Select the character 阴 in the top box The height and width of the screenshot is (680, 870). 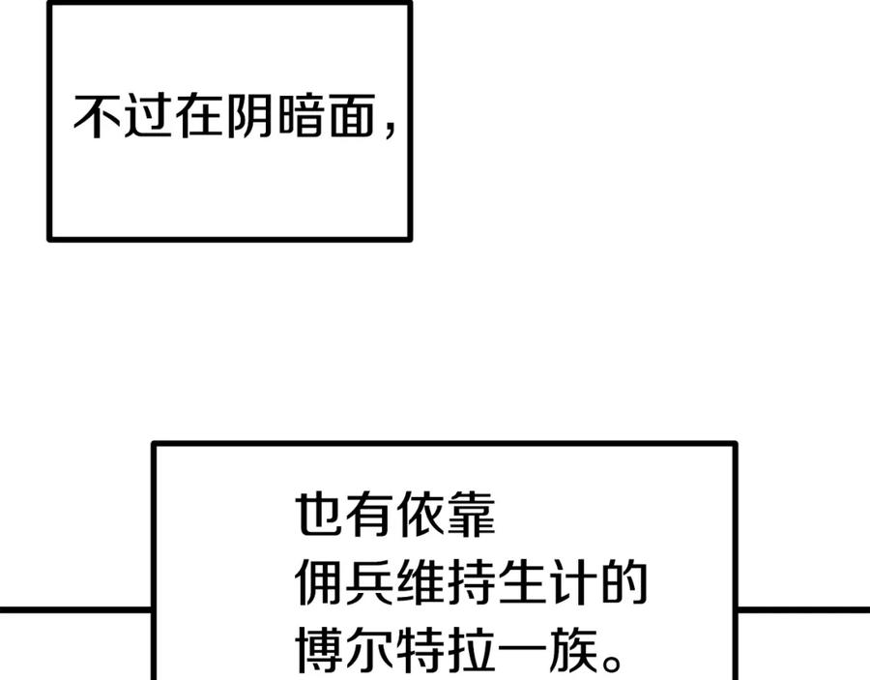(249, 116)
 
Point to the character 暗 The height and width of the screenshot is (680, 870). (301, 116)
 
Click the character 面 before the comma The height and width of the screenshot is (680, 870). (352, 116)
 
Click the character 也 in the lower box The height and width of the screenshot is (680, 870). (318, 514)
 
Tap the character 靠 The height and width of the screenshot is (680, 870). (471, 514)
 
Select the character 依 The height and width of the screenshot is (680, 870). (420, 514)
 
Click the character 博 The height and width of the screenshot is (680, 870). (318, 650)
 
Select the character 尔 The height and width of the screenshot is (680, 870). (369, 650)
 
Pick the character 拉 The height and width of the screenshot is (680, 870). (471, 650)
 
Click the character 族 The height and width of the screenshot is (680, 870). (573, 650)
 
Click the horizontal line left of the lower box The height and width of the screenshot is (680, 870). (75, 610)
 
